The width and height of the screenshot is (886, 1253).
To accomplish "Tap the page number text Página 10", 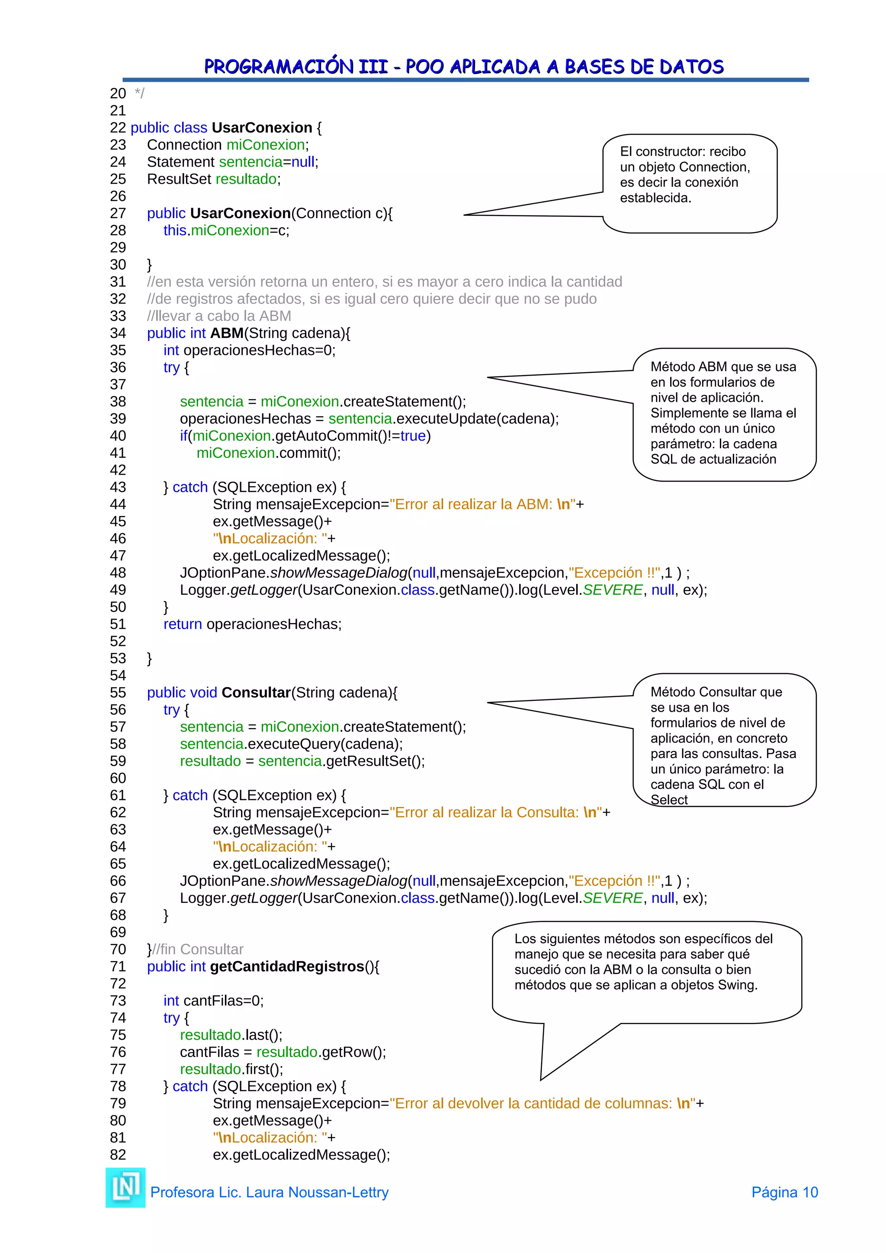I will coord(784,1192).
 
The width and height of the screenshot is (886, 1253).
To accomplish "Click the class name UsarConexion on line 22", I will coord(262,128).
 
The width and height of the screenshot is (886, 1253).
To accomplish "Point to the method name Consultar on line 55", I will coord(256,693).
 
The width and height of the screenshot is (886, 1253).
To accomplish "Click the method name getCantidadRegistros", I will coord(287,967).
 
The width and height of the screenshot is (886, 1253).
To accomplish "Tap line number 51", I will coord(118,624).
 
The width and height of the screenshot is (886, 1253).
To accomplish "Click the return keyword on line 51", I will coord(182,624).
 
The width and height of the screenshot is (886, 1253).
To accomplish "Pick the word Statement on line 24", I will coord(180,162).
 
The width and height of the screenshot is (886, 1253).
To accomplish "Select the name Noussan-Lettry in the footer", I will coord(338,1192).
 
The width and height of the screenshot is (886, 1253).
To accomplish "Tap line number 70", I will coord(118,950).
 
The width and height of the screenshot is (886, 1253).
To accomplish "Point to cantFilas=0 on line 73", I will coord(223,1001).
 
